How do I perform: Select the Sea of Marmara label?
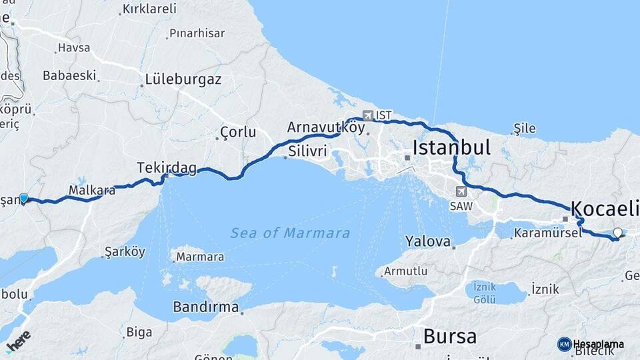tap(290, 233)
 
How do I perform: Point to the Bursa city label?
tap(450, 336)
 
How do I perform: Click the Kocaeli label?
tap(605, 208)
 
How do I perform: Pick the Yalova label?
tap(427, 241)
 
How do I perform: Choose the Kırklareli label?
tap(149, 9)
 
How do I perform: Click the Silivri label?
tap(307, 151)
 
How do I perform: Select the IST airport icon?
tap(368, 115)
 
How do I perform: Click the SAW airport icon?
tap(459, 191)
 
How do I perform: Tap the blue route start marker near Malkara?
tap(24, 197)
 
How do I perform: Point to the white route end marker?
tap(617, 233)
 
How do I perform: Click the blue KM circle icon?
tap(564, 344)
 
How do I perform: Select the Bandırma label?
tap(205, 307)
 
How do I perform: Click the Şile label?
tap(525, 129)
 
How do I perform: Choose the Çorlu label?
tap(238, 132)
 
